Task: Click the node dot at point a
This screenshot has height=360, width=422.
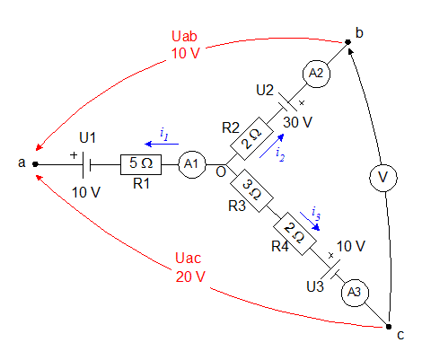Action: [35, 164]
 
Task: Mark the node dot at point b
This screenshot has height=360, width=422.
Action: [347, 42]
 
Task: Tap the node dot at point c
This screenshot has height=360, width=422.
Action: [389, 327]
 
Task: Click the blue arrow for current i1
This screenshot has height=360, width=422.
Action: [162, 144]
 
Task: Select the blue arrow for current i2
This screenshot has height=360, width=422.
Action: [272, 145]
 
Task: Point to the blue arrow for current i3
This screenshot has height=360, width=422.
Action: [310, 222]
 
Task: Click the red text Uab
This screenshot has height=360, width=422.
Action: [184, 36]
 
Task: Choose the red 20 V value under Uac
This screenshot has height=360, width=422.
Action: [190, 277]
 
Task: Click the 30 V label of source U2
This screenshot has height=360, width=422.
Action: [297, 122]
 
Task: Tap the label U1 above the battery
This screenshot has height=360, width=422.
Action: [87, 138]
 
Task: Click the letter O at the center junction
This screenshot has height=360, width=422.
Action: [221, 172]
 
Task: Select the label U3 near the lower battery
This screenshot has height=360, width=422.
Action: [315, 286]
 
